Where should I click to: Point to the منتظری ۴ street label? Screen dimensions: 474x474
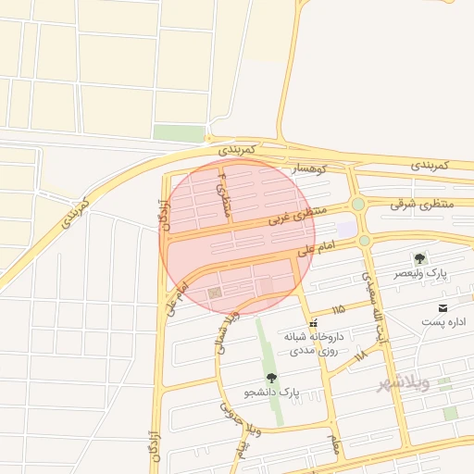point(222,193)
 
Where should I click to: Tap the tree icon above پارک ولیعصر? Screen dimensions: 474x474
point(420,258)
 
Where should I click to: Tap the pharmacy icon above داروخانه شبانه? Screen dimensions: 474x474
point(315,324)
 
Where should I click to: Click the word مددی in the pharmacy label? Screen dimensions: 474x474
point(305,352)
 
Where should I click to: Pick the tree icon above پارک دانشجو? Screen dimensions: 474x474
point(271,377)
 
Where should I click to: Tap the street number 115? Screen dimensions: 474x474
point(337,308)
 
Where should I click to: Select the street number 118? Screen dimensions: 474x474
point(360,354)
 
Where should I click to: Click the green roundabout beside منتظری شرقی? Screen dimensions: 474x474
point(358,204)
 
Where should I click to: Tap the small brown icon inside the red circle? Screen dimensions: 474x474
point(216,293)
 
